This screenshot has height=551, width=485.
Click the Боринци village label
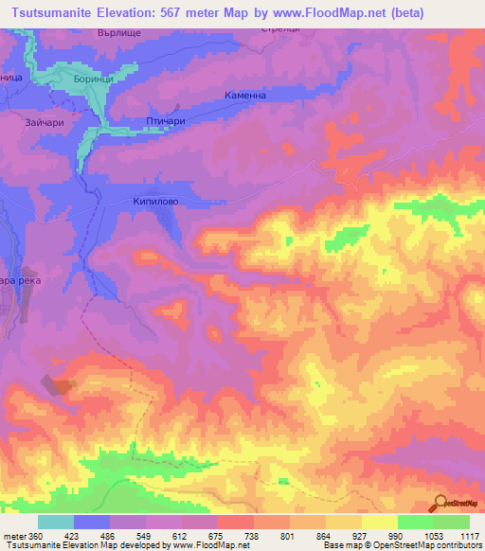(93, 80)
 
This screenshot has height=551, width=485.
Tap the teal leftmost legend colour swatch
(55, 522)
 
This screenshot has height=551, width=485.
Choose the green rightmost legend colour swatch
(451, 522)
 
